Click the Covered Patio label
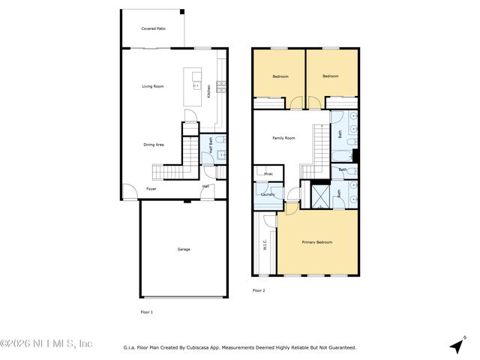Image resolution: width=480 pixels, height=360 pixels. click(x=153, y=28)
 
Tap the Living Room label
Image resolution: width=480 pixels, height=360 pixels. click(x=153, y=86)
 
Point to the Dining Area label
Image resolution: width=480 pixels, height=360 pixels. click(x=154, y=144)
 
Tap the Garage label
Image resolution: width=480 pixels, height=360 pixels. click(x=183, y=249)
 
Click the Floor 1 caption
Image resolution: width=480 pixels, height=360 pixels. click(x=146, y=311)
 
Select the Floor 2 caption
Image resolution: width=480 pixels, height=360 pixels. click(x=259, y=289)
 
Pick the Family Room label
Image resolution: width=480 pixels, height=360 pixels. click(x=283, y=138)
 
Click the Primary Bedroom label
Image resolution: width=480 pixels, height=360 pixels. click(x=316, y=242)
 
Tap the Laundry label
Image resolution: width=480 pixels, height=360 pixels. click(x=268, y=195)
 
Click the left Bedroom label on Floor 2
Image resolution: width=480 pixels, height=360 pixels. click(x=280, y=76)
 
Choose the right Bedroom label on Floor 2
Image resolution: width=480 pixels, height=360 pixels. click(x=331, y=76)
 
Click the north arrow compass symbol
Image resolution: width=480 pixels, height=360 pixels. click(x=456, y=345)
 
